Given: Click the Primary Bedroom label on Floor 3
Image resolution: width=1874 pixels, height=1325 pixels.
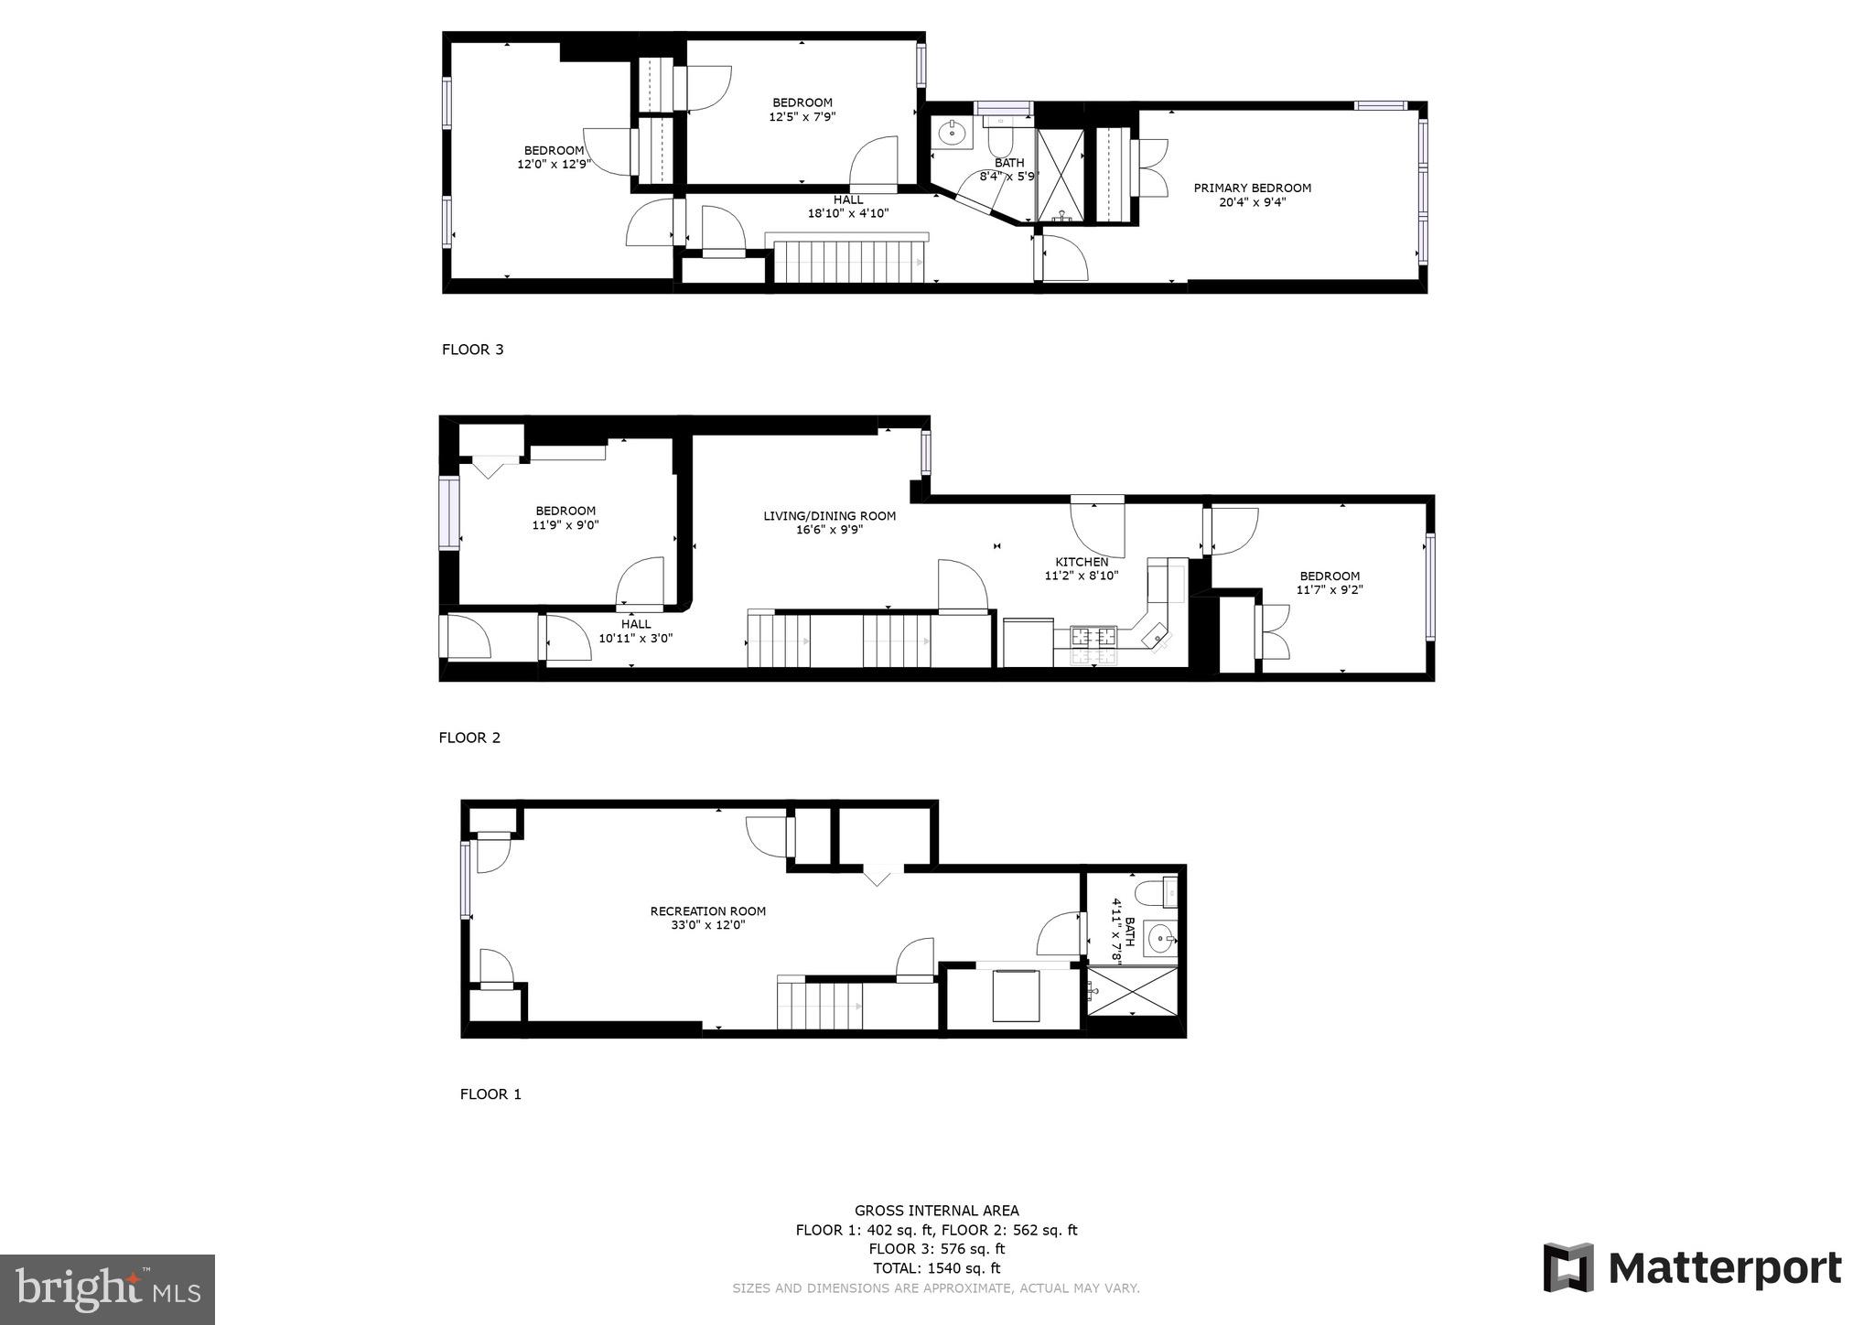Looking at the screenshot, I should [x=1252, y=189].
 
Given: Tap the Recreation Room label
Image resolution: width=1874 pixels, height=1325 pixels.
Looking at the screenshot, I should [x=707, y=911].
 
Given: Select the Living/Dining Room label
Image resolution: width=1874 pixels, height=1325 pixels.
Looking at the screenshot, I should [x=829, y=516].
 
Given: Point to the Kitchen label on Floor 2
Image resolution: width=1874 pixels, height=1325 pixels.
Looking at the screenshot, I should [x=1082, y=562].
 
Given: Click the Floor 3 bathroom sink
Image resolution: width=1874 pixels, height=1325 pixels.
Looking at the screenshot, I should [x=953, y=134].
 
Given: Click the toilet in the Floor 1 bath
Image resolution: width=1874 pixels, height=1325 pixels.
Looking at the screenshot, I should [x=1155, y=890].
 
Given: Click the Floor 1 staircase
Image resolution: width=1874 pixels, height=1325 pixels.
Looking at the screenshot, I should [x=820, y=1004].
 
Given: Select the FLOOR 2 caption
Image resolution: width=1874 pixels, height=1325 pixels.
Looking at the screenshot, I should [x=469, y=738].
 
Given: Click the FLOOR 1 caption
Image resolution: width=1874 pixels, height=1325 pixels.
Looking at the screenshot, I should [x=490, y=1093].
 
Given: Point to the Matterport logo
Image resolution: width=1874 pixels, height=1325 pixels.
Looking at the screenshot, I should [x=1693, y=1268].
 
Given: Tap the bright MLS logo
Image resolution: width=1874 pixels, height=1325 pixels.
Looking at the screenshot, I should [x=107, y=1289].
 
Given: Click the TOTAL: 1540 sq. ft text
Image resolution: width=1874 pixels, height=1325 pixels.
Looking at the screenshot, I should [x=936, y=1268].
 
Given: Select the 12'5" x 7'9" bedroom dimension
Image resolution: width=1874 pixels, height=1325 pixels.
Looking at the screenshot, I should [x=802, y=116].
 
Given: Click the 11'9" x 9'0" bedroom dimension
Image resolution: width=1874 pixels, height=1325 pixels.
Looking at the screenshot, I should [x=565, y=525].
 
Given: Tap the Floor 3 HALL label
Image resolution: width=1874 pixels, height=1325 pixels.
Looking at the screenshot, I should [x=848, y=200].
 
